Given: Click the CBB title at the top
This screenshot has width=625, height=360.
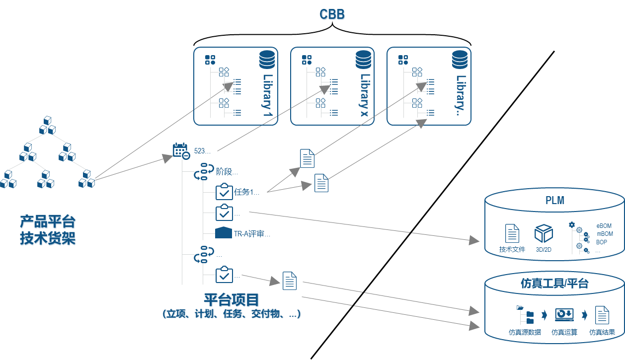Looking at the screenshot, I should tap(332, 15).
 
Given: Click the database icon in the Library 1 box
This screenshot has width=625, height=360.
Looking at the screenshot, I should tap(267, 60).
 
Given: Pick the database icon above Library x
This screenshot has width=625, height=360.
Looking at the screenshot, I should tap(363, 60).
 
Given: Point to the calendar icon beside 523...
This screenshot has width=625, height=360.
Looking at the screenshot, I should tap(180, 150).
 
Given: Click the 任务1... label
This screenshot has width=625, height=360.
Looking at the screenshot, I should tap(246, 193).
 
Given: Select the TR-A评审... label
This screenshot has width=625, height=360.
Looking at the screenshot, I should tap(252, 233).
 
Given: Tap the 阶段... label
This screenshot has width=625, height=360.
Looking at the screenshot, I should tap(227, 172).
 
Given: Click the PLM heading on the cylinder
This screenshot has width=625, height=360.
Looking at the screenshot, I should tap(554, 201).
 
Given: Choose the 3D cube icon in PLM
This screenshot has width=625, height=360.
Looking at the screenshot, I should tap(544, 233).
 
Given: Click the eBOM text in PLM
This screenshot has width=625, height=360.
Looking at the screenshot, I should tap(604, 226).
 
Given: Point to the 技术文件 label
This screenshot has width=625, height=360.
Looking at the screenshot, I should tap(512, 249).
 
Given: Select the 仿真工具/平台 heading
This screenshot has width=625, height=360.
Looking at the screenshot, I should tap(554, 284).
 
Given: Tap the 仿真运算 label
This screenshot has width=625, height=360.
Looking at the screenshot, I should tap(564, 332).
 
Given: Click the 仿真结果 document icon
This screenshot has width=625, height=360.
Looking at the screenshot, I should tap(602, 315).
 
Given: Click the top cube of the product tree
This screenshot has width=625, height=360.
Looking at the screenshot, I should tap(47, 121).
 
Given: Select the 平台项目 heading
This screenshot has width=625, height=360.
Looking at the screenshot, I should tap(232, 300).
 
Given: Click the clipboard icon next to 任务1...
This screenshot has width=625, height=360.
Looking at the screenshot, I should tap(224, 192).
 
